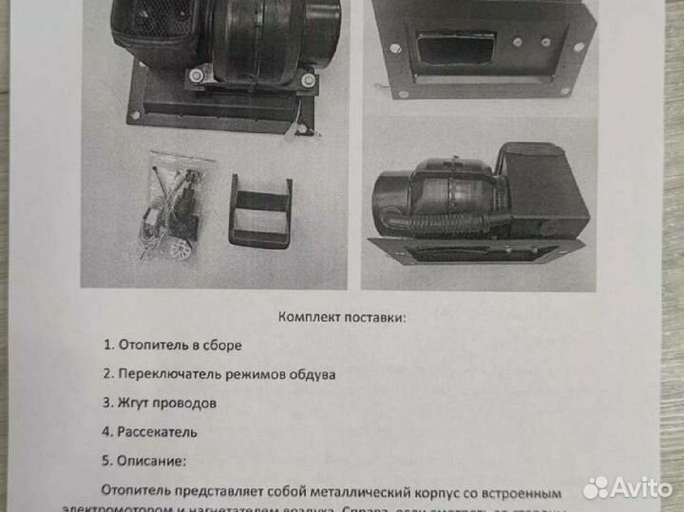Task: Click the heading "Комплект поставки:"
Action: [341, 317]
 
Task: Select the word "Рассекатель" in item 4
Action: [158, 431]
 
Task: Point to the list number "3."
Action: [107, 403]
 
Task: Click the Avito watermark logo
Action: [627, 487]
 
